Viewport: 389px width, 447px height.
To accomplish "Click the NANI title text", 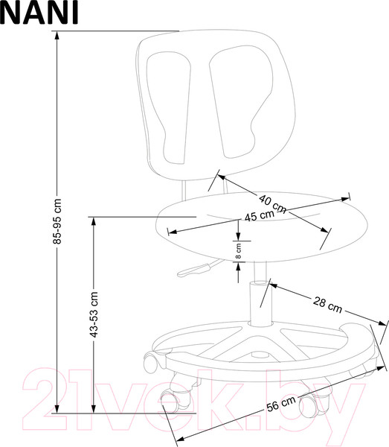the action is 39,12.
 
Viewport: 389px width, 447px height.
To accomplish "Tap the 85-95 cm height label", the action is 57,221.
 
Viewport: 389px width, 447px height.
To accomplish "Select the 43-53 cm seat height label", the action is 94,314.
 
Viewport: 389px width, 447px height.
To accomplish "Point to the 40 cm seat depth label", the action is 272,203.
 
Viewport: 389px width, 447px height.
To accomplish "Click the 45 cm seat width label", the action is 260,215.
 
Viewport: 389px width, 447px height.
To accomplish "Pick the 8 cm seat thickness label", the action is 239,251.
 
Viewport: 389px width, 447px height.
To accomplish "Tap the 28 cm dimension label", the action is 327,305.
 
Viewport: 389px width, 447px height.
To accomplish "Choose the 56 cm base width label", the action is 281,404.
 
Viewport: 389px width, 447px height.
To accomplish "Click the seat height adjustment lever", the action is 196,270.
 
